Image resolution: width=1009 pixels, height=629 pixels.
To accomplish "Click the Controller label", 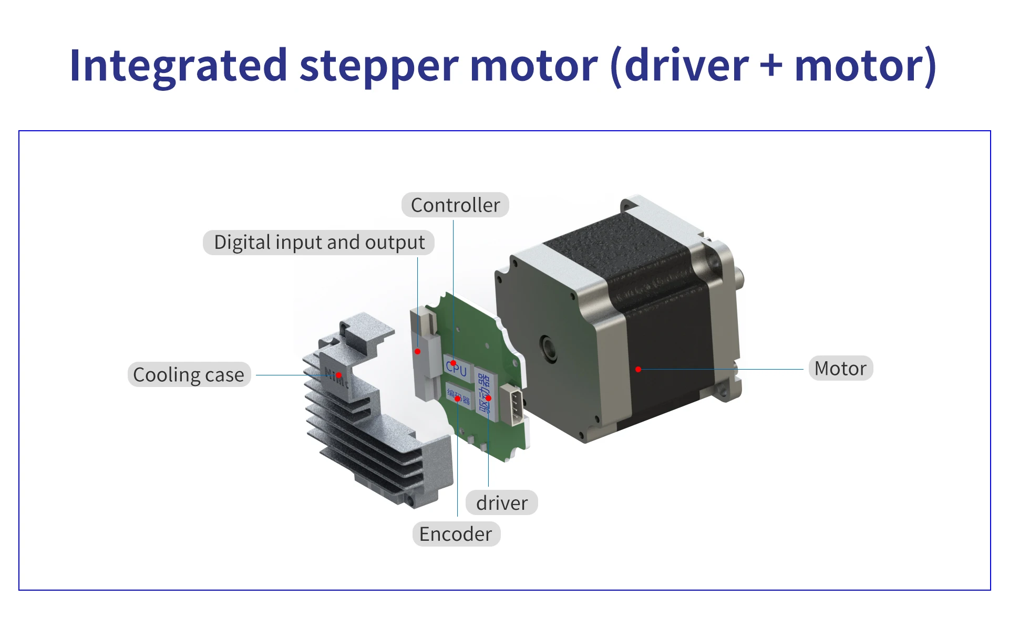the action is click(x=455, y=205).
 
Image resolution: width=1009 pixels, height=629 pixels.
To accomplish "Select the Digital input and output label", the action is click(x=319, y=243).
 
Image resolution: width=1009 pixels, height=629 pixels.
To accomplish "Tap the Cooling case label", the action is click(x=189, y=375).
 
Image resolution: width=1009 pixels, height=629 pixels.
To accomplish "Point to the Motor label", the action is click(x=840, y=369).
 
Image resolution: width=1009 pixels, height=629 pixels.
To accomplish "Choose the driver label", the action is click(x=501, y=503).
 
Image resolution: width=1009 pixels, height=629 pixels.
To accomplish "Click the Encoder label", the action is click(x=456, y=534).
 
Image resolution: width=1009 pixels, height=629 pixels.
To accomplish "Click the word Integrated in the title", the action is click(x=178, y=66).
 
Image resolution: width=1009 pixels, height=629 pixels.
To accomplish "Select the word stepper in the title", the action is click(x=379, y=66).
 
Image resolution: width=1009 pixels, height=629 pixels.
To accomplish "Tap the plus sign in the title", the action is click(x=771, y=66).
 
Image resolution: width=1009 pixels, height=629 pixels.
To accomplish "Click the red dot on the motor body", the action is click(x=638, y=370).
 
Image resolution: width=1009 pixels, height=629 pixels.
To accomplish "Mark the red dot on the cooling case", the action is click(x=339, y=375).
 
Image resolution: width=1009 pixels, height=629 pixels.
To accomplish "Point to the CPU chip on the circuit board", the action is click(x=456, y=368).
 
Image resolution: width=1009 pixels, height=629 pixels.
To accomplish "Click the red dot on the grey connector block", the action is click(x=417, y=352).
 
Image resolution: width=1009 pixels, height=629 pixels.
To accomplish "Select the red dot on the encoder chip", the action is click(x=458, y=399).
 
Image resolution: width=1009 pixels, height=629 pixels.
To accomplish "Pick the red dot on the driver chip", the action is click(x=488, y=398).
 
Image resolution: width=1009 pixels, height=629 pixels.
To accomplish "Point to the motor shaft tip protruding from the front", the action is click(x=740, y=278).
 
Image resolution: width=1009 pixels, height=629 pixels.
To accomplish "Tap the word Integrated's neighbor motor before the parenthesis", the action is click(x=533, y=66).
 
